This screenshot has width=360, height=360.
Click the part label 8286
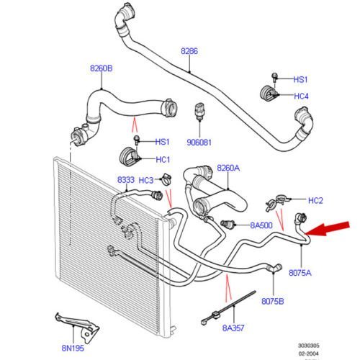[189, 51]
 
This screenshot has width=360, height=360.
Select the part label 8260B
[102, 68]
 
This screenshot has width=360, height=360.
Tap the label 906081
[199, 143]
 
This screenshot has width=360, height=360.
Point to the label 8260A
[228, 168]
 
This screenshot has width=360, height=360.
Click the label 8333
[126, 180]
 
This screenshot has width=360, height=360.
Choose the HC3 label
[146, 180]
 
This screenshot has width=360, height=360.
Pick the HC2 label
[315, 200]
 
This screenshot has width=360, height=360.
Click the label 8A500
[261, 225]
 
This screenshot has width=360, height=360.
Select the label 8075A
[300, 273]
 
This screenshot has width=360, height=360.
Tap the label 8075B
[273, 301]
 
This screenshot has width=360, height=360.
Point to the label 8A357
[233, 328]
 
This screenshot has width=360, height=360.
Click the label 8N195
[73, 348]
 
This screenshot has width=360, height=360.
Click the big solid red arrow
[327, 229]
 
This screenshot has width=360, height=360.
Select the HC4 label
[301, 96]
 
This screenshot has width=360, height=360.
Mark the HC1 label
[163, 160]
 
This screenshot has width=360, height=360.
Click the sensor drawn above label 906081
[199, 112]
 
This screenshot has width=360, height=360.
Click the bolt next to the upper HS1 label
[275, 77]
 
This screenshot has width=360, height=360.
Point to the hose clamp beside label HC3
[166, 179]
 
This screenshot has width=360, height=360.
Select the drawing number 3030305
[309, 346]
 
